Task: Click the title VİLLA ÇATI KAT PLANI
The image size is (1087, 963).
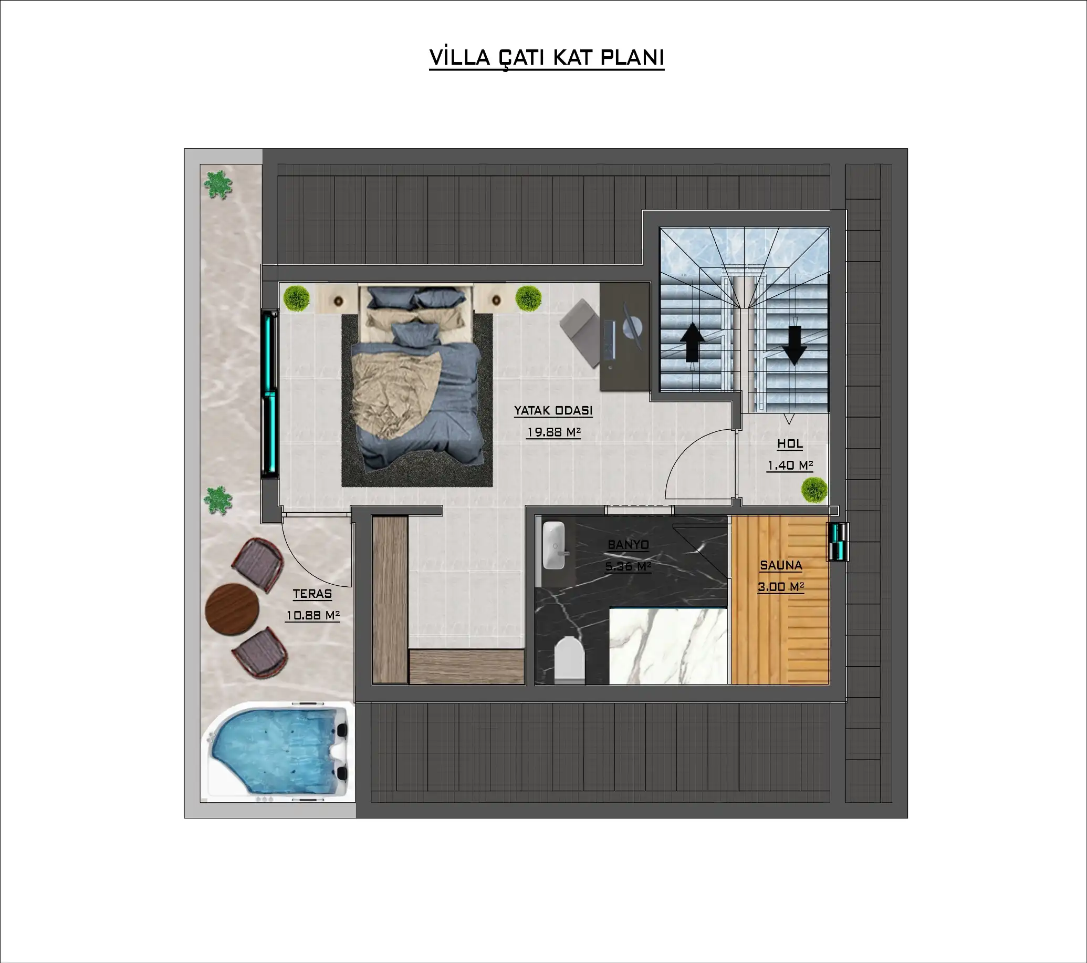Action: pos(547,57)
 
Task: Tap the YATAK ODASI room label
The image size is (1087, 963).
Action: pos(553,411)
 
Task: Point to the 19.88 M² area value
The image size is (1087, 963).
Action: pos(553,432)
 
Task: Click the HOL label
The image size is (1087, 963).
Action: pos(790,444)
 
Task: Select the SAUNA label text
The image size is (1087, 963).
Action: pos(781,566)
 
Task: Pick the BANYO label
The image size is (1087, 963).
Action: pos(628,544)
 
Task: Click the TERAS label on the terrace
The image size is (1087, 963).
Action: pos(312,594)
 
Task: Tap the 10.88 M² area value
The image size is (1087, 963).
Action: pos(312,615)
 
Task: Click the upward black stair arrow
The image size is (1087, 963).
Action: pos(692,342)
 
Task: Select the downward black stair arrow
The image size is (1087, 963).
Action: pos(794,345)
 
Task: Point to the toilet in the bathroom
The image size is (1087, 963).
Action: pos(569,659)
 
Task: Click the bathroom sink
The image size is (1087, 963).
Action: pos(554,545)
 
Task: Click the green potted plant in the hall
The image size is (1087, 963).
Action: pos(814,490)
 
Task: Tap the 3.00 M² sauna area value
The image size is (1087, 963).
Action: pos(781,587)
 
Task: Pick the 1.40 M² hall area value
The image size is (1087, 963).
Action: pos(790,465)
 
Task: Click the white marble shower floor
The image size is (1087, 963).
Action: pos(668,646)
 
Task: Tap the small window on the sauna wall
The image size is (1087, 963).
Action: pos(837,542)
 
